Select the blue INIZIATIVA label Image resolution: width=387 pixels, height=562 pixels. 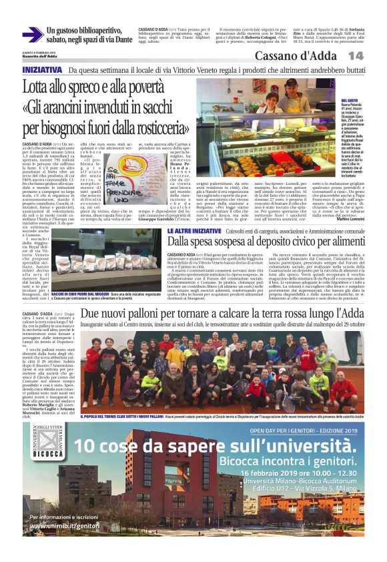[x=43, y=70]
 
